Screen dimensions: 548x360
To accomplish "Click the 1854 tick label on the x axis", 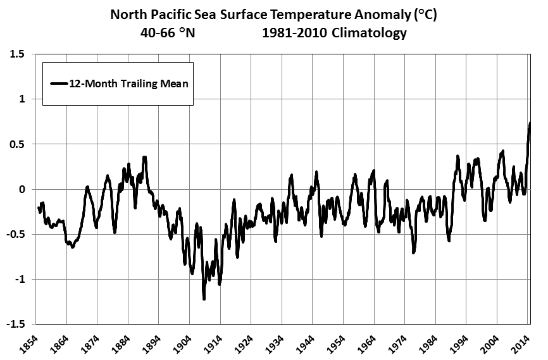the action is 29,344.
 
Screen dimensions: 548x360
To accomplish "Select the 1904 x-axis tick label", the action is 182,344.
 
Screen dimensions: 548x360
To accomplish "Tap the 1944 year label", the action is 306,344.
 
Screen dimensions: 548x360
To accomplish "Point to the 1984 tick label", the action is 428,344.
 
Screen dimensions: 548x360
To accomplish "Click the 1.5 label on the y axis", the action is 18,54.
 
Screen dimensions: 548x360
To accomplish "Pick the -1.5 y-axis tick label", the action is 16,324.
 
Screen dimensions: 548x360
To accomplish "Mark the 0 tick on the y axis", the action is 23,189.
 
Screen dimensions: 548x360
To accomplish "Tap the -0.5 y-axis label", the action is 16,234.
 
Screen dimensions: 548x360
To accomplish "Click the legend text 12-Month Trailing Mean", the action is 129,84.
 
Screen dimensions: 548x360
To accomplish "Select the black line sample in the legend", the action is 59,83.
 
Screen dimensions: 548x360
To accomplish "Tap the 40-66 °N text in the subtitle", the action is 168,33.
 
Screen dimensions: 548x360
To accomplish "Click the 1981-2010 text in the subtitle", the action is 295,33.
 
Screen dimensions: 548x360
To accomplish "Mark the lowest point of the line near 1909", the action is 204,299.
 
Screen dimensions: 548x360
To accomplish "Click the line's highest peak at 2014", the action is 530,123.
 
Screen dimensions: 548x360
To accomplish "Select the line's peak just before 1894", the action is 144,158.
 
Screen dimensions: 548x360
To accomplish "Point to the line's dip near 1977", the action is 413,252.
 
